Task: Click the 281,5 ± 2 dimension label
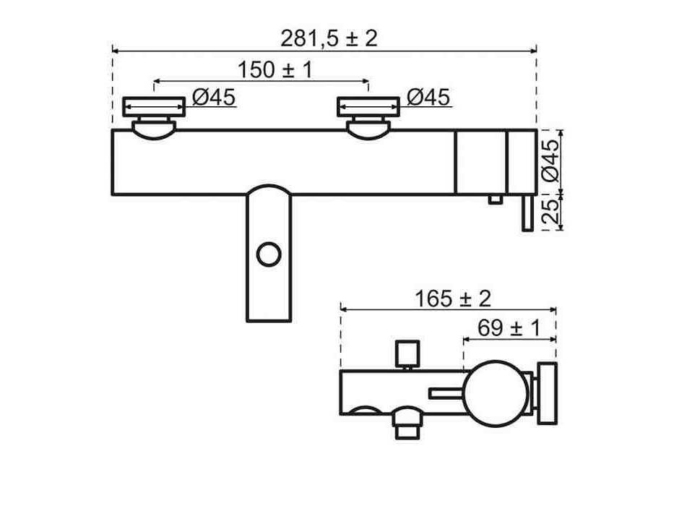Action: pos(329,39)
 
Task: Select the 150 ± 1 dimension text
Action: pos(275,69)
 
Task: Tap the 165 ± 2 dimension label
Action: pos(453,299)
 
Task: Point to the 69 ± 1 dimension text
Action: pos(509,328)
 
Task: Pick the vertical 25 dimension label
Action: pos(551,211)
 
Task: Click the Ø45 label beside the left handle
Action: pos(214,97)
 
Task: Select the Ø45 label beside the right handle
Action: pos(428,97)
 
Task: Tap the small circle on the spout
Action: pos(269,254)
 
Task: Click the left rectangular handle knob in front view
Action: pos(154,107)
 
